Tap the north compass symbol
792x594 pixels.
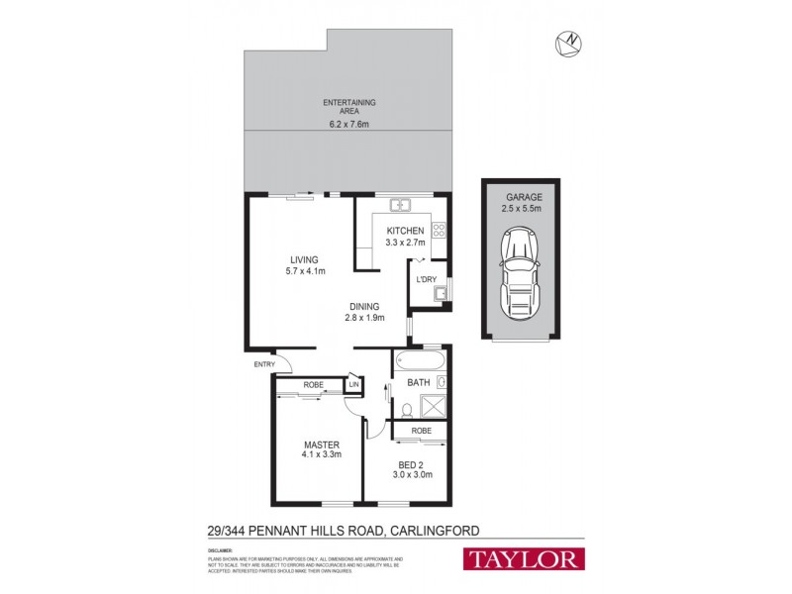pos(568,42)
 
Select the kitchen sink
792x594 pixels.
pos(401,206)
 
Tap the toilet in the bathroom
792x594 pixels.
pos(407,410)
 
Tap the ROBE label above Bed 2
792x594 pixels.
pos(422,430)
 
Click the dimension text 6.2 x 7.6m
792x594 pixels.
pos(347,125)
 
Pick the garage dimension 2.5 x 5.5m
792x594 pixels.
pos(521,209)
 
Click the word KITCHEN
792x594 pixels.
pos(405,231)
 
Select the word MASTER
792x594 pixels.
pos(322,445)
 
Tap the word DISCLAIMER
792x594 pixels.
pos(220,548)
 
